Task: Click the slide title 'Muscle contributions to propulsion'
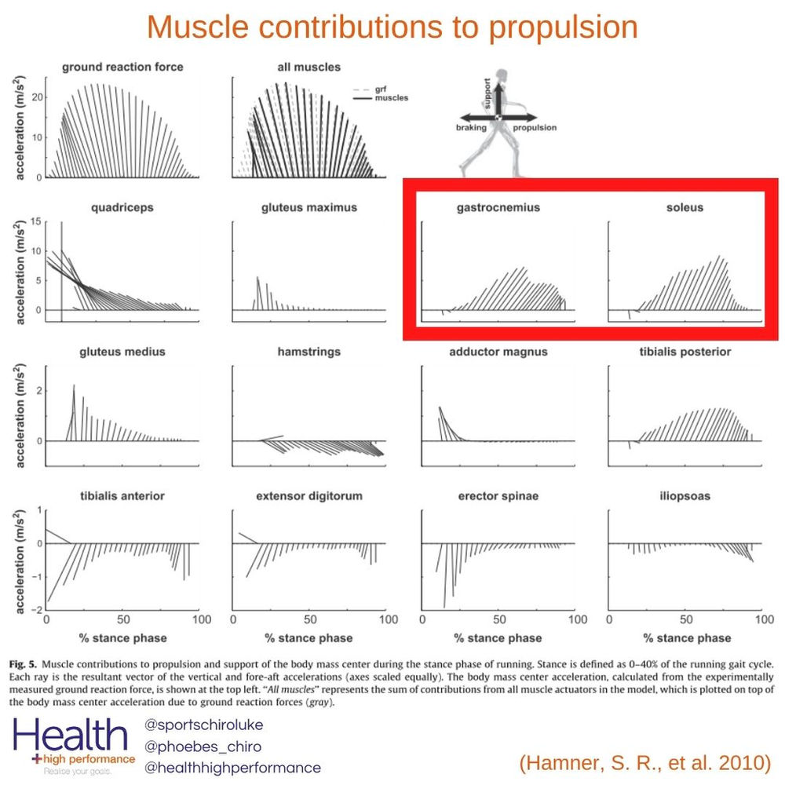point(392,27)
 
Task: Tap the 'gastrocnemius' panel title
point(498,208)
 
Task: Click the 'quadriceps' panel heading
point(122,208)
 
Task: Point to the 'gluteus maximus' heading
point(309,208)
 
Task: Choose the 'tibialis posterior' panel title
point(685,352)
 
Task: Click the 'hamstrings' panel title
point(309,352)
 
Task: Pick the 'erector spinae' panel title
point(498,496)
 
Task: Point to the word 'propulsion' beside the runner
point(536,127)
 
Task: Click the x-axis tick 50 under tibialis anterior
point(122,619)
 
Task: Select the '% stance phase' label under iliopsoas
point(686,637)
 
